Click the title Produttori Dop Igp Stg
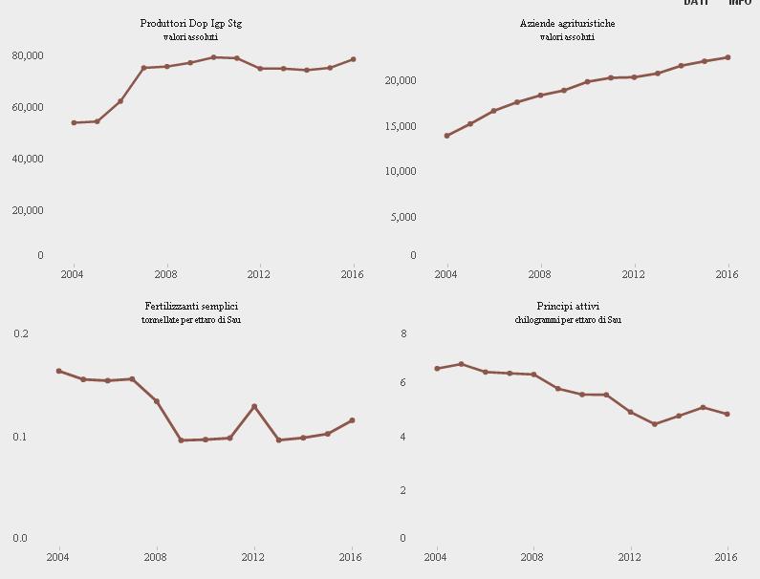pos(191,23)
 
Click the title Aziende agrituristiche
pos(567,23)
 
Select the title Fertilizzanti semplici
pos(191,306)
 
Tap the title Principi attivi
pos(568,306)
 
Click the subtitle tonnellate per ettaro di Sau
pos(191,319)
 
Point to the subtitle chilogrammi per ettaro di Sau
pos(568,319)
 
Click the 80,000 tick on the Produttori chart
pos(28,55)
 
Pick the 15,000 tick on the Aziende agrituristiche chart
pos(401,126)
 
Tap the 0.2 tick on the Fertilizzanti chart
pos(21,333)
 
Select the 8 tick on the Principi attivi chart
pos(403,333)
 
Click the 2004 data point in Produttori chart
pos(74,122)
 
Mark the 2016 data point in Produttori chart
pos(353,59)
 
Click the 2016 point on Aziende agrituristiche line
pos(727,57)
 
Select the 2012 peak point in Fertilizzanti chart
pos(254,407)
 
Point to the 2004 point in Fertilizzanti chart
pos(59,371)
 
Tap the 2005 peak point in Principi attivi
pos(461,364)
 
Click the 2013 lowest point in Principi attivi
pos(655,424)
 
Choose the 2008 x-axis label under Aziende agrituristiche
pos(540,274)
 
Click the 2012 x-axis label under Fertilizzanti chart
pos(253,557)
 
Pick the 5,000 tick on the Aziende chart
pos(403,217)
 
